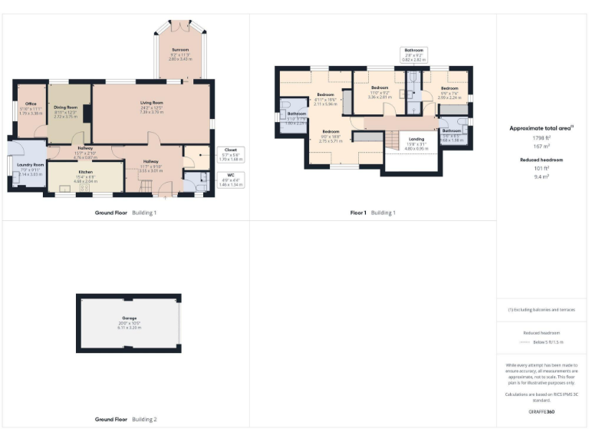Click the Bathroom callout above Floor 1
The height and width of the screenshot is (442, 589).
pos(413,53)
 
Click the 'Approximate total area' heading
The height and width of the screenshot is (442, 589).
pos(542,128)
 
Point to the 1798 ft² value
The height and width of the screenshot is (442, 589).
pos(542,137)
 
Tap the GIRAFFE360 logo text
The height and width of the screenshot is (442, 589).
pos(542,412)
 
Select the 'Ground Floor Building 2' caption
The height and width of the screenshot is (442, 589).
pos(125,420)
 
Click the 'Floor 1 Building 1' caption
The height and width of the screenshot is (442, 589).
pos(373,213)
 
